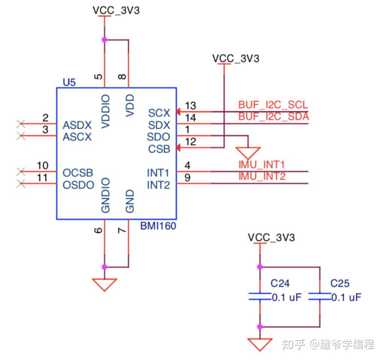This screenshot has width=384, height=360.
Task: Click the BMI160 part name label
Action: pos(158,226)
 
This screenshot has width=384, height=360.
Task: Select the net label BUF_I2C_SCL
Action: pos(273,105)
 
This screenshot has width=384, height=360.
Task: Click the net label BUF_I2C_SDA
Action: pos(273,117)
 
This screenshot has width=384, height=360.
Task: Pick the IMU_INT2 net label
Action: pos(262,176)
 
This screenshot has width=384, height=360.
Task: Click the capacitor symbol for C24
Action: pos(260,297)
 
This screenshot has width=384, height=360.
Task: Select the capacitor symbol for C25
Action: pos(319,297)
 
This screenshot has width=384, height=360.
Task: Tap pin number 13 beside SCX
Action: pos(190,106)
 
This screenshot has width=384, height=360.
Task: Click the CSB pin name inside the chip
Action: pos(159,149)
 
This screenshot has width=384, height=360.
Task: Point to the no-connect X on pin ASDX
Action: pos(21,123)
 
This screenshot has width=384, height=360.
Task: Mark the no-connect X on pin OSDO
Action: pos(21,184)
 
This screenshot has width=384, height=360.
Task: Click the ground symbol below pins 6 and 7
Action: pos(105,284)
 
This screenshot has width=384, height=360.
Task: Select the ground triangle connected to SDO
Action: pos(248,152)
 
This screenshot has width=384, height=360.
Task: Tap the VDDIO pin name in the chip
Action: pos(106,112)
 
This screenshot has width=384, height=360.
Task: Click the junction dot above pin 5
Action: pos(105,40)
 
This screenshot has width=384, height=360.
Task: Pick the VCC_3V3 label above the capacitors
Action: pos(271,237)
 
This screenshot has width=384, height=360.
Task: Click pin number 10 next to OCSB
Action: pos(42,166)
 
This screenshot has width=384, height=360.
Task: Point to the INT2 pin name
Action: pos(158,185)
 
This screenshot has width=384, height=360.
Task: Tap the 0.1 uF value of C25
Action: pos(346,298)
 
